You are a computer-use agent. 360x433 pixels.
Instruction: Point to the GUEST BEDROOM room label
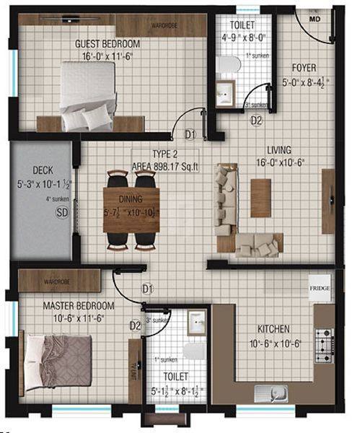[x=107, y=44]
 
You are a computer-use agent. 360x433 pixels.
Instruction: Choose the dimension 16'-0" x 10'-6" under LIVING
[x=282, y=163]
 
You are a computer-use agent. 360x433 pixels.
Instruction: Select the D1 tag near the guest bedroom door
[x=190, y=134]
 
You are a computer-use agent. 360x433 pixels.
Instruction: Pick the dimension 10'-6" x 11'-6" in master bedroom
[x=59, y=317]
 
